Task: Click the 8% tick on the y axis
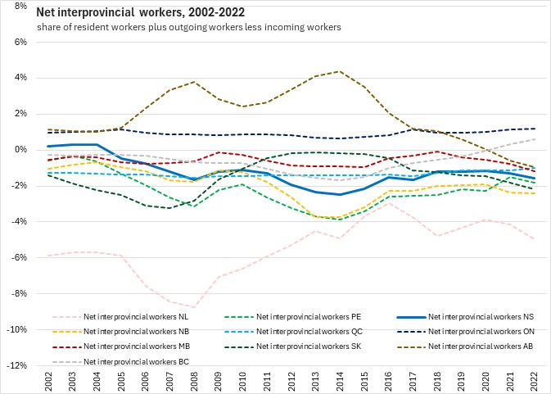pos(22,6)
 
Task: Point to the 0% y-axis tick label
pos(22,150)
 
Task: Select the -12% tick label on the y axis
pos(19,365)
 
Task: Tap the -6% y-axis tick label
pos(20,258)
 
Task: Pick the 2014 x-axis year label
pos(340,381)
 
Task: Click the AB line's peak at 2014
pos(340,71)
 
